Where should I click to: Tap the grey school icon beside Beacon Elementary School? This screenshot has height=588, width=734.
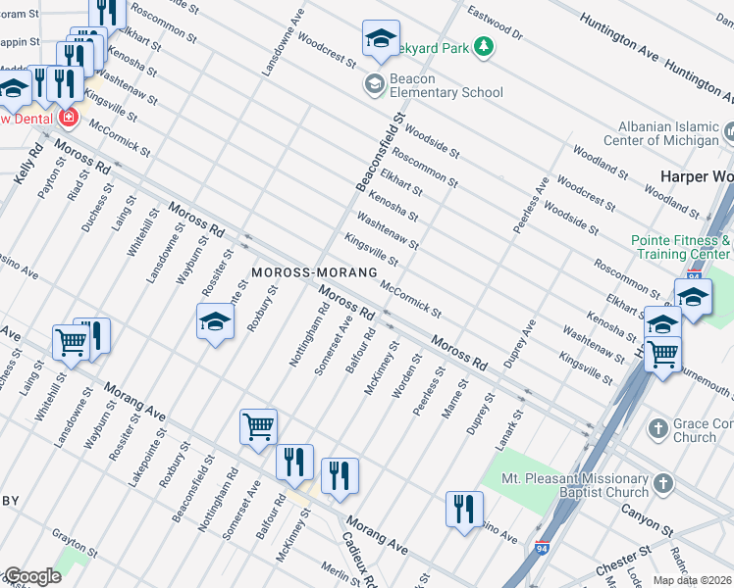tap(374, 85)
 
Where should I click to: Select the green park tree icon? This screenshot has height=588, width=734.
tap(483, 46)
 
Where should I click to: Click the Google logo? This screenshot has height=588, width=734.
tap(31, 576)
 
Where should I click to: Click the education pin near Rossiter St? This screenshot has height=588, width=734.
tap(215, 321)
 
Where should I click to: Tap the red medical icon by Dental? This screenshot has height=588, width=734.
tap(67, 119)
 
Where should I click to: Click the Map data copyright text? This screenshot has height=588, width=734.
tap(693, 580)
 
